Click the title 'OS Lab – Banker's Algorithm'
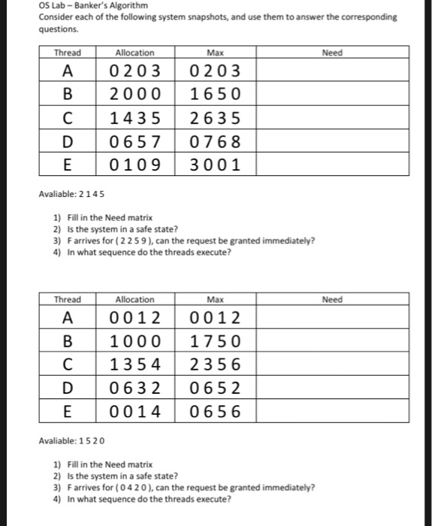click(83, 6)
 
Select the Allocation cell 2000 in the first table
click(135, 95)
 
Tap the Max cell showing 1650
click(216, 95)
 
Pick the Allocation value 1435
click(135, 118)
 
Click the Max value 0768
click(216, 141)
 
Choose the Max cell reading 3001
click(216, 165)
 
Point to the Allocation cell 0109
click(135, 165)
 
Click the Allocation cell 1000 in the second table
click(135, 341)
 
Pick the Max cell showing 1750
click(216, 341)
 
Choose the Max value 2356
click(216, 364)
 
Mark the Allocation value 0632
click(135, 388)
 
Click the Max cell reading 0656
click(216, 411)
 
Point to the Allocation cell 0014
click(135, 411)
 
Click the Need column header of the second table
click(331, 300)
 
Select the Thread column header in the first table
click(68, 53)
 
